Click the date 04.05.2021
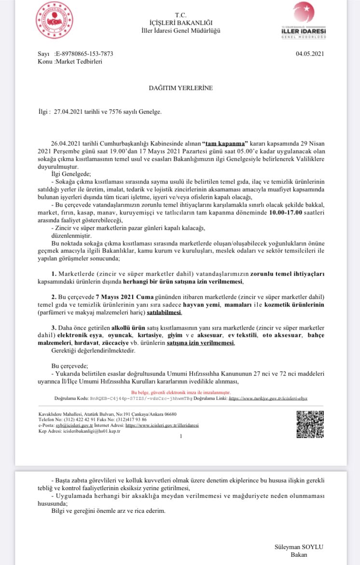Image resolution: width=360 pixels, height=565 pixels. [x=310, y=54]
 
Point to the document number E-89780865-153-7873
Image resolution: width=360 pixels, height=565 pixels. [x=85, y=54]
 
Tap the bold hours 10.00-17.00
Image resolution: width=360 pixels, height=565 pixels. [x=266, y=213]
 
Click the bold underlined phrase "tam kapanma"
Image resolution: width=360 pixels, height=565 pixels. [x=225, y=143]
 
